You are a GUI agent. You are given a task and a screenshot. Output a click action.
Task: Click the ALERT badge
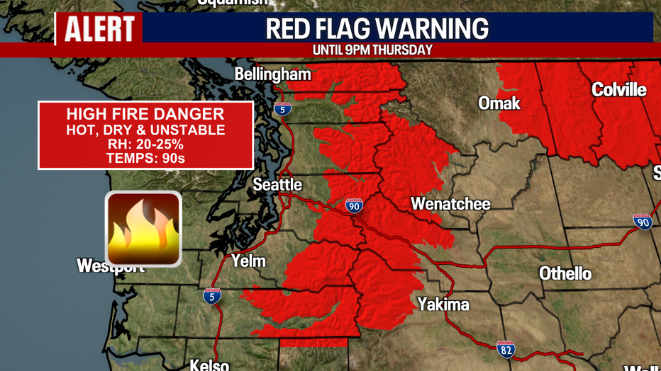99,29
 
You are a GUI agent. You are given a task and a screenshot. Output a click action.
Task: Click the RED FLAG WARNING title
377,29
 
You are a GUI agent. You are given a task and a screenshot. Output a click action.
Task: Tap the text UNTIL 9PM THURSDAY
372,50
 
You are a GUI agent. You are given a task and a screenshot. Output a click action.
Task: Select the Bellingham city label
272,74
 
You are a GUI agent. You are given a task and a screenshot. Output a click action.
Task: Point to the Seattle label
277,185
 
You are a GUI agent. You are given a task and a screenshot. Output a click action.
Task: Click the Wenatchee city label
450,204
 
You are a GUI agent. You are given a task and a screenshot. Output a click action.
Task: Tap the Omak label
499,103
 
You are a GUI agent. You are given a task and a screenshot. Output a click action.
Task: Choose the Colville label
619,90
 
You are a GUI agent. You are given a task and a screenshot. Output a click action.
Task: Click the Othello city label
565,273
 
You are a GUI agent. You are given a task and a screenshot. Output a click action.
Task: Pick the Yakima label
443,304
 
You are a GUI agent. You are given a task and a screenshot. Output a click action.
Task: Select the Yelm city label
248,261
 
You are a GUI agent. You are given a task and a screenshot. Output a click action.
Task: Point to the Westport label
111,266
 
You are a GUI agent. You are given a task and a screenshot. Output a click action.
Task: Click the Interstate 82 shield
505,349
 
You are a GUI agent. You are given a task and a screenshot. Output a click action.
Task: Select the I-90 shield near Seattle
355,206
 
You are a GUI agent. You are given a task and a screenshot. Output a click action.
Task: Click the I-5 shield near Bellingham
282,109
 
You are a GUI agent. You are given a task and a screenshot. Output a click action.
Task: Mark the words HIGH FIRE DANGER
145,115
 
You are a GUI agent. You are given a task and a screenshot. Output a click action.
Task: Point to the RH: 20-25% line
145,144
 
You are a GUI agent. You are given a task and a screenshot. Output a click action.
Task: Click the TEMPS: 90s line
145,159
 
